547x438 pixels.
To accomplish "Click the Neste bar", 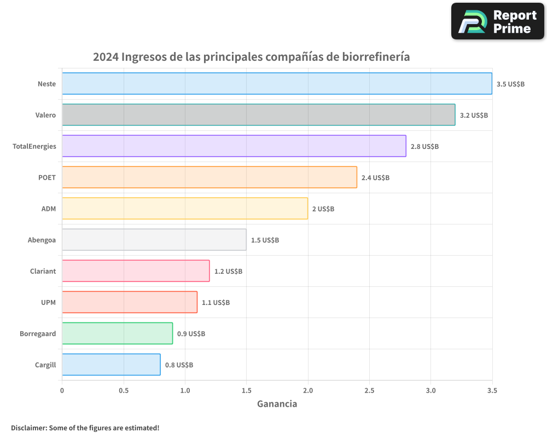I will [x=277, y=84].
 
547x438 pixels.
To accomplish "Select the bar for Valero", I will [x=258, y=115].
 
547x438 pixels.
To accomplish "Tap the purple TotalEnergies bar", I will [x=234, y=146].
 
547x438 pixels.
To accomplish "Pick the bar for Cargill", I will [x=111, y=365].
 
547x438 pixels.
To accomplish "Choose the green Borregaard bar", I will [x=117, y=333].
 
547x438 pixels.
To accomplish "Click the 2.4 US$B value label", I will [x=375, y=178].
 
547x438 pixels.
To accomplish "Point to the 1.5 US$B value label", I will [x=265, y=240].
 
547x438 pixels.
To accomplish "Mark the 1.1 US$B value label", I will [x=216, y=303].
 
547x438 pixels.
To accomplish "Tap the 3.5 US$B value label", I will [x=510, y=84].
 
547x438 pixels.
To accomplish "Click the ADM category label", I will [x=49, y=209].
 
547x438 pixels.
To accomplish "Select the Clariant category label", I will [x=43, y=271].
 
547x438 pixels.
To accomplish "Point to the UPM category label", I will [x=48, y=302].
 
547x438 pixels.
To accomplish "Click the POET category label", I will [x=47, y=177].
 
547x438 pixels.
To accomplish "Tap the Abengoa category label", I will [x=42, y=240].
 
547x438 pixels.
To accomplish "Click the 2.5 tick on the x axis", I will [x=369, y=390].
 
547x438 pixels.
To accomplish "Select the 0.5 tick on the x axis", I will [x=124, y=390].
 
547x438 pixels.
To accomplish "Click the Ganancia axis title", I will [x=277, y=404].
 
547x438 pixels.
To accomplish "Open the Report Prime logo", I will [x=498, y=21].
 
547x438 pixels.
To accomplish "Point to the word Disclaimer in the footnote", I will [x=28, y=428].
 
